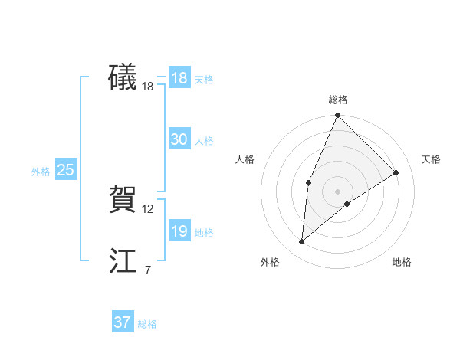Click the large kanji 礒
coord(123,77)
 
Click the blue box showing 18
coord(179,78)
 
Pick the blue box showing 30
coord(179,139)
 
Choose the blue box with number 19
coord(179,231)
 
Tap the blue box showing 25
coord(65,170)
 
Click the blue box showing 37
coord(122,322)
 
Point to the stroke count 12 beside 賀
coord(148,209)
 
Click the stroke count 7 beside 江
coord(148,270)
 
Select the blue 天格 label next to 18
coord(204,80)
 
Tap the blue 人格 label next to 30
coord(204,141)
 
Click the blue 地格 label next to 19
coord(204,233)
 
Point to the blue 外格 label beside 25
coord(41,172)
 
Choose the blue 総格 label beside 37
coord(147,324)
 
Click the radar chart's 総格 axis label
coord(337,100)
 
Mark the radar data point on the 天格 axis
coord(396,172)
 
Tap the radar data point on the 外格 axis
coord(302,242)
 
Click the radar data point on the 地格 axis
coord(347,204)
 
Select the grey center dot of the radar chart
coord(337,191)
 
